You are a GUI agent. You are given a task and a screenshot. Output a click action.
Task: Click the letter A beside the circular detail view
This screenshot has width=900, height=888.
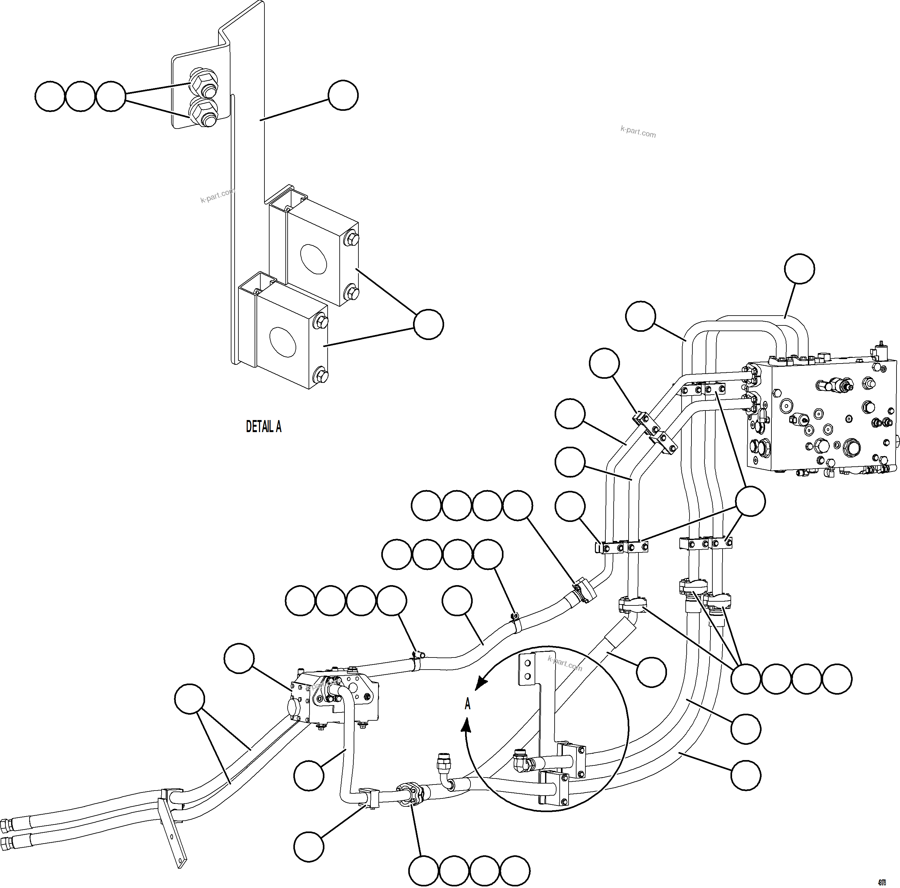[x=468, y=704]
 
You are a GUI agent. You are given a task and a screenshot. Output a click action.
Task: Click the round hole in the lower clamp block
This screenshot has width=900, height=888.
[x=282, y=342]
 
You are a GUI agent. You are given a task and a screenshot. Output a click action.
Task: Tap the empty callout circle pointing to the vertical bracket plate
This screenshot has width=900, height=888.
[x=343, y=96]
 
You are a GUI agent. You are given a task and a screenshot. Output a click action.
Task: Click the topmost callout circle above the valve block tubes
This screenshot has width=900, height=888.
[x=799, y=269]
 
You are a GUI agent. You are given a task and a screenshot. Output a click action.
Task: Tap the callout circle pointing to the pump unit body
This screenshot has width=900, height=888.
[x=239, y=658]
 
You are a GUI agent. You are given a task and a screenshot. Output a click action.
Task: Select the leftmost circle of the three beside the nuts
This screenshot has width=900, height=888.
[x=50, y=97]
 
